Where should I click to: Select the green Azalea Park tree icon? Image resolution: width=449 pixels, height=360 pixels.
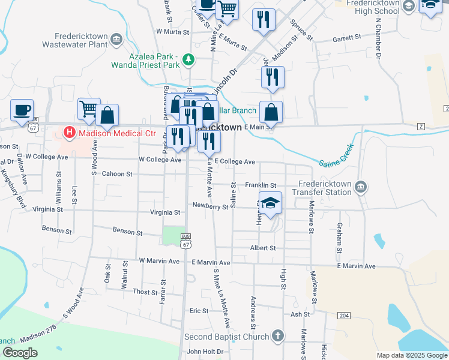click(189, 59)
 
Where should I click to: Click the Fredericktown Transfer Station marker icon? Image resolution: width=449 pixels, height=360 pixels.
click(360, 188)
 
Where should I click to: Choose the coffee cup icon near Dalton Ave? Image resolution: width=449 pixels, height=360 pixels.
click(22, 110)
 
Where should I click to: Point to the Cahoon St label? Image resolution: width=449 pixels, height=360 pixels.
click(116, 174)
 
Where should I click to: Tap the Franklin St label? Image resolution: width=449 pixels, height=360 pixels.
click(261, 185)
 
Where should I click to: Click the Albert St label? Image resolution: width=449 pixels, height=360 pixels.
click(262, 248)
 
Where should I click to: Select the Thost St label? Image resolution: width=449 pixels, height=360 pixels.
click(145, 292)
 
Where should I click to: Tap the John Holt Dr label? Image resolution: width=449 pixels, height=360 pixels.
click(205, 352)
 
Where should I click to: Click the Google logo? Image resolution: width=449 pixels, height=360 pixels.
click(19, 353)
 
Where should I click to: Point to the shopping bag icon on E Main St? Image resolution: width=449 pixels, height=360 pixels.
click(271, 112)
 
